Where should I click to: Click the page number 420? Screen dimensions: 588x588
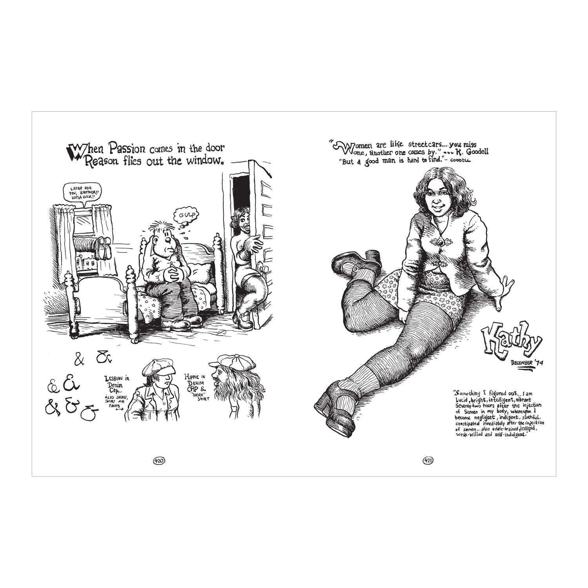(x=159, y=460)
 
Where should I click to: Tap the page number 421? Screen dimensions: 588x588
(x=428, y=460)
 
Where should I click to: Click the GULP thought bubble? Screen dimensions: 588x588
(x=184, y=215)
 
